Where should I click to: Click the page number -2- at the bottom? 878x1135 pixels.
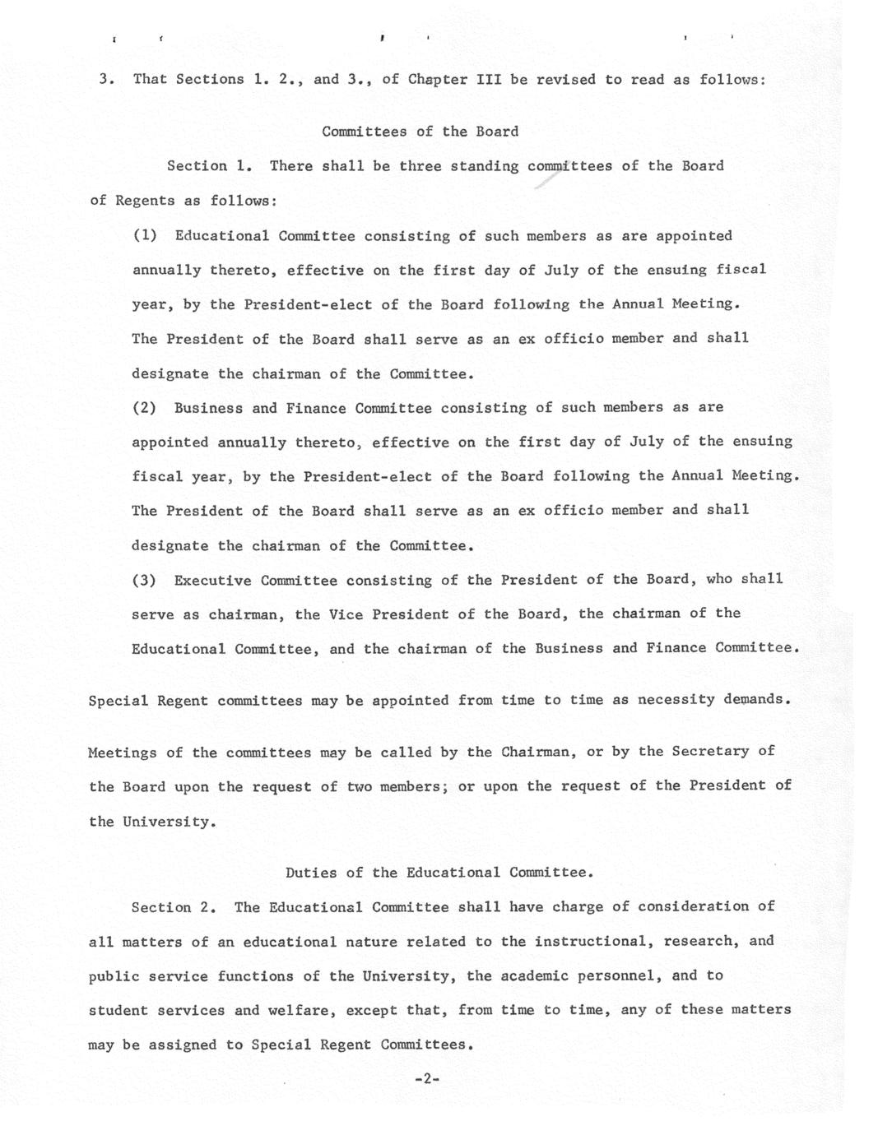(x=428, y=1078)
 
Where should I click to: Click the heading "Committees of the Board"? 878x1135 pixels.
(x=420, y=132)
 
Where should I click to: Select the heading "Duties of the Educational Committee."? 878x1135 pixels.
(x=439, y=873)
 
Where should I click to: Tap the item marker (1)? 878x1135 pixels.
(x=145, y=236)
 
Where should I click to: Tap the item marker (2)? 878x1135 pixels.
(x=145, y=408)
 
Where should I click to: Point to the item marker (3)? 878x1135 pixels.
(x=145, y=581)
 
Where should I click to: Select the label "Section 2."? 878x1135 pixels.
(x=174, y=908)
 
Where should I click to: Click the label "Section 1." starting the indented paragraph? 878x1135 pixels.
(x=208, y=166)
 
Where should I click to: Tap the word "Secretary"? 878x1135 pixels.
(x=710, y=752)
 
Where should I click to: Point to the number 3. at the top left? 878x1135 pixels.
(x=106, y=80)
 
